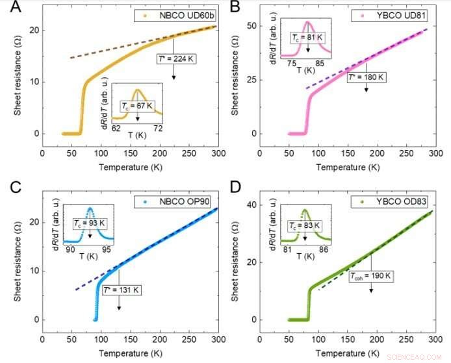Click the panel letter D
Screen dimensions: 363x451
click(238, 188)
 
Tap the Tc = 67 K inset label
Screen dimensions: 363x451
click(137, 105)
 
